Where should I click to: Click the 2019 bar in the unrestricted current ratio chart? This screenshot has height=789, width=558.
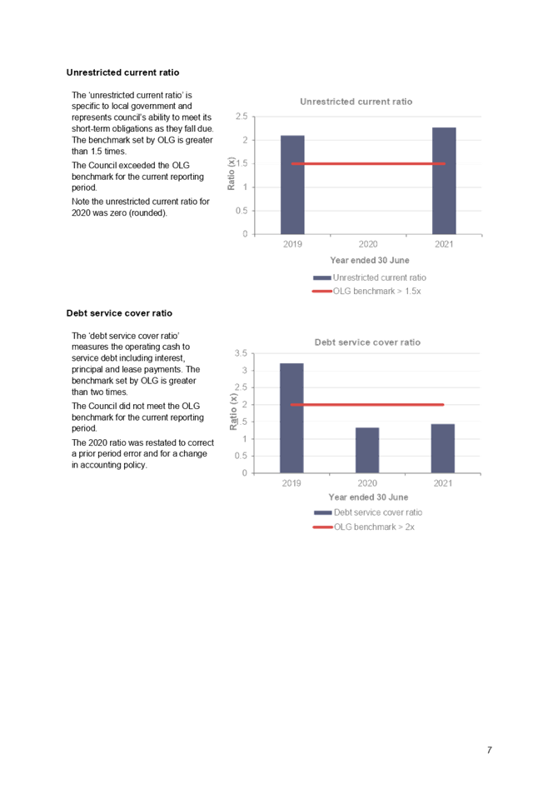coord(292,184)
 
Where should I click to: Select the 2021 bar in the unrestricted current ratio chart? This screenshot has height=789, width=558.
coord(444,180)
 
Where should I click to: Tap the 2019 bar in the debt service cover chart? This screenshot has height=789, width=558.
coord(291,417)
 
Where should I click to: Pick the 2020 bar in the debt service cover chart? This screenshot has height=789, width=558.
coord(367,450)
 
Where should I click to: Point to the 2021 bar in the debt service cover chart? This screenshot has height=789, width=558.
coord(443,448)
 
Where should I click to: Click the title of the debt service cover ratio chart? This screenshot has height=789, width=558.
coord(367,342)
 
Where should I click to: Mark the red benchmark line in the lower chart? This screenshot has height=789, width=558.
coord(366,404)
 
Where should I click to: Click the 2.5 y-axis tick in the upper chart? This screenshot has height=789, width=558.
coord(241,117)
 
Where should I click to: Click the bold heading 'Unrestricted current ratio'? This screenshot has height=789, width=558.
coord(122,72)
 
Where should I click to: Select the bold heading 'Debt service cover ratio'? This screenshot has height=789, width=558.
coord(119,312)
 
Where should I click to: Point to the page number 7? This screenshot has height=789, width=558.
coord(490,750)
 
